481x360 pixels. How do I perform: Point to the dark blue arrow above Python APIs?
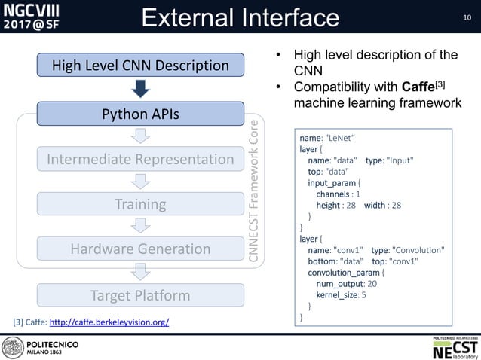point(139,90)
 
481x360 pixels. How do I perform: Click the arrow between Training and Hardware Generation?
point(139,226)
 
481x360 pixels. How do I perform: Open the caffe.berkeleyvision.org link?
point(109,322)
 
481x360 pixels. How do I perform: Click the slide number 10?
point(467,17)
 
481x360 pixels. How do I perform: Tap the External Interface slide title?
point(240,17)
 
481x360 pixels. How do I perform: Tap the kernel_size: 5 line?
point(342,294)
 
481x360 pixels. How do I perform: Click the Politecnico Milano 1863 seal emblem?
point(13,347)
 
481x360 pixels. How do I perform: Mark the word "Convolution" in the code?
point(418,249)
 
